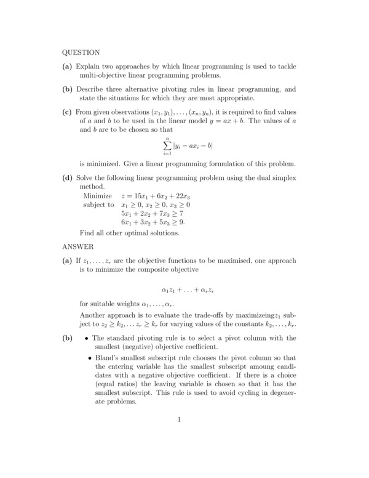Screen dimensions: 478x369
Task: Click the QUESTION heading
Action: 81,52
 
